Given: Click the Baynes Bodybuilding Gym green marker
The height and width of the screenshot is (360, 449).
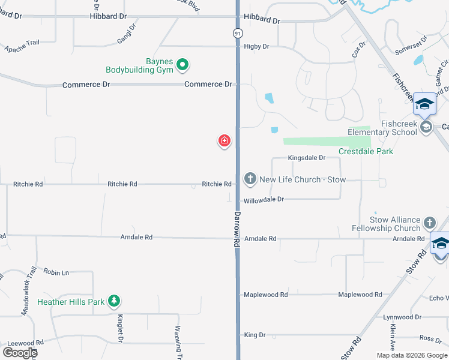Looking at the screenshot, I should click(x=184, y=64).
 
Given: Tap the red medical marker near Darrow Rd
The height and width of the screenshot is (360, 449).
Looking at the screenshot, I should click(x=224, y=141).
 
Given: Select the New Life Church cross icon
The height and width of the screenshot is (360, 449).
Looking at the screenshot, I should click(x=250, y=179).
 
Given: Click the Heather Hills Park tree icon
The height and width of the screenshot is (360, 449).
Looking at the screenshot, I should click(x=114, y=301).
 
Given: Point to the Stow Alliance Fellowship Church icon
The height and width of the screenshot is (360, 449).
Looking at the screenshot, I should click(x=429, y=223).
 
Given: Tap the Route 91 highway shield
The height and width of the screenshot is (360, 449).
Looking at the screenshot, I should click(x=238, y=34).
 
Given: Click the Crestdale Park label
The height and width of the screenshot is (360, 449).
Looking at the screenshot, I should click(x=366, y=152).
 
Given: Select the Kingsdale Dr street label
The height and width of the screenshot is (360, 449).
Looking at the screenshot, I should click(x=306, y=158).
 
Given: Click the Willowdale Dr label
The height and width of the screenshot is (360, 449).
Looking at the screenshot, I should click(x=264, y=199).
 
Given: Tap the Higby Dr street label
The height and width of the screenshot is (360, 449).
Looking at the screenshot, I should click(x=256, y=46).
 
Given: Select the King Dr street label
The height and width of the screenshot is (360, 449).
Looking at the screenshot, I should click(x=255, y=335).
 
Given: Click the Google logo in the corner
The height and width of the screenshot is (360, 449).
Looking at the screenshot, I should click(x=20, y=353).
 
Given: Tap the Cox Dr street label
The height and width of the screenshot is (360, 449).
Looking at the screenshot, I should click(x=359, y=52).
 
